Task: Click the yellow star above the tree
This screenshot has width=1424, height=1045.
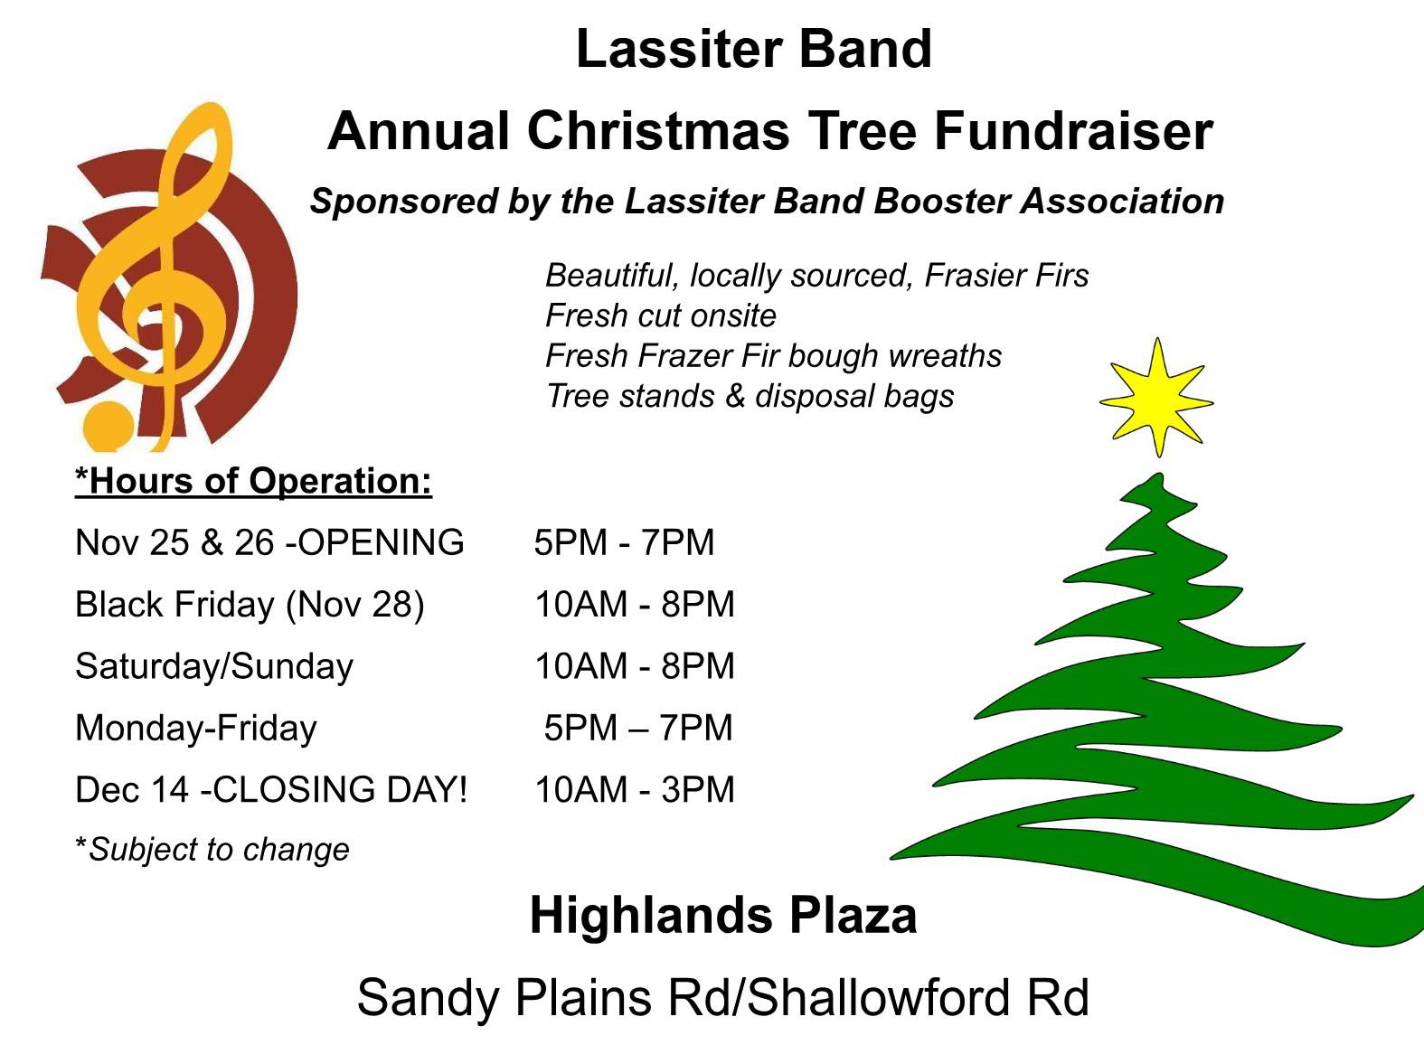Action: point(1156,400)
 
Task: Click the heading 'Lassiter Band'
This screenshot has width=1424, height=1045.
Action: point(754,49)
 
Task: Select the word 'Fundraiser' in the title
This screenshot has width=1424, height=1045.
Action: point(1073,131)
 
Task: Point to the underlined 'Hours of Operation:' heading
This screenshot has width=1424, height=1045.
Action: point(254,481)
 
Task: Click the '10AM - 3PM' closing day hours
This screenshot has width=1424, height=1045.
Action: point(635,789)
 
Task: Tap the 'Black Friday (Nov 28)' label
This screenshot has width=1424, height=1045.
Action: point(250,605)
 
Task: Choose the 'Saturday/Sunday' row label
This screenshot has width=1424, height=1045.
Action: point(214,667)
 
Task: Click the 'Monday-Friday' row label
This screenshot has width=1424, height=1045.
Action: point(196,729)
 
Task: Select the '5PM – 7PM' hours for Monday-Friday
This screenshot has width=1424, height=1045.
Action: point(638,728)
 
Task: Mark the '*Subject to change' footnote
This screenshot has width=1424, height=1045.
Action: point(212,849)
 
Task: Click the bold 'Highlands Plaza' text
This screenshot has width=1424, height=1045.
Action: point(723,916)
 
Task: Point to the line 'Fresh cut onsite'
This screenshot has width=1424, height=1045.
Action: point(661,315)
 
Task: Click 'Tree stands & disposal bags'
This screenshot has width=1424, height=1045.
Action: point(750,396)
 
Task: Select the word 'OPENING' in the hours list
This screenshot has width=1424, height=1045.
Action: point(381,543)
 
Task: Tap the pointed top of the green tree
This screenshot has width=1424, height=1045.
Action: point(1158,475)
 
